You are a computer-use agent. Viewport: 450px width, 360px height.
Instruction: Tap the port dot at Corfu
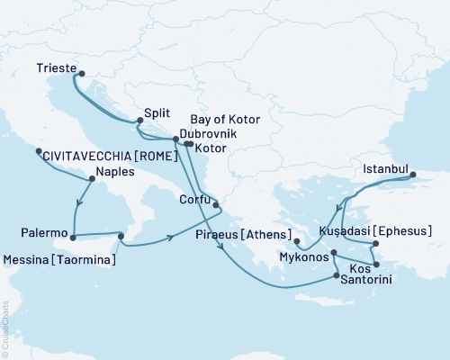(216, 205)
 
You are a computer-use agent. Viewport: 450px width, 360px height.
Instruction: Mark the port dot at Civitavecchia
(39, 152)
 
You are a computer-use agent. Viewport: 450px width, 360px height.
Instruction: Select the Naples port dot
(91, 179)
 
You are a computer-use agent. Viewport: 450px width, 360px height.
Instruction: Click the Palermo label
(42, 233)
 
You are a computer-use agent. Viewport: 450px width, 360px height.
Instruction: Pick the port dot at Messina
(120, 237)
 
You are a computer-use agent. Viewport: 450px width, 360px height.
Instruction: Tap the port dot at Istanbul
(414, 176)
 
